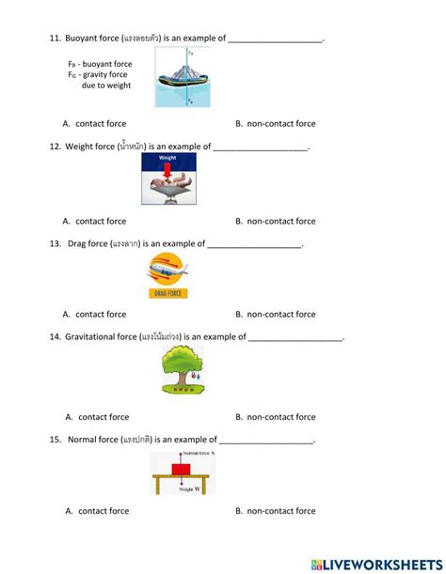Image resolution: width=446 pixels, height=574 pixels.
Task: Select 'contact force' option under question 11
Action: (x=101, y=124)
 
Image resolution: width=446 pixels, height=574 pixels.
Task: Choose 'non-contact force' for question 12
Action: (x=281, y=222)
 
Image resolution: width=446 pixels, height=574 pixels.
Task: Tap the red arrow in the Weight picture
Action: (x=167, y=167)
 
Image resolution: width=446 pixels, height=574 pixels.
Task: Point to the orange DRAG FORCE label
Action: (x=168, y=293)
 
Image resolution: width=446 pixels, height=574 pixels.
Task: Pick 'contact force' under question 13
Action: (x=101, y=315)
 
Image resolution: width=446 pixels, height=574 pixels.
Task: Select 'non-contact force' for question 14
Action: (x=281, y=417)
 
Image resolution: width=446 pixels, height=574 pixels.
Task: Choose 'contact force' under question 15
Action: (x=103, y=511)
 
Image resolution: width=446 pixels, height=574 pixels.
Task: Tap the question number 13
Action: (x=56, y=243)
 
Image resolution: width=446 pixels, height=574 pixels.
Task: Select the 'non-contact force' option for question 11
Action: (x=281, y=124)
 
